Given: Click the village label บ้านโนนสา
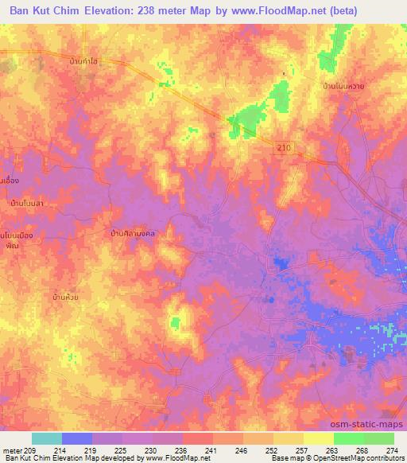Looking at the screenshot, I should pos(25,204).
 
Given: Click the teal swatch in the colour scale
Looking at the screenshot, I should pos(47,438).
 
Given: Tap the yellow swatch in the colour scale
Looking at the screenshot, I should pos(318,438).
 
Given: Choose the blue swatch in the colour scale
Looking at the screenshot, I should pos(77,438).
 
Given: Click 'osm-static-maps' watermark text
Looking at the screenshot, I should pos(373,426).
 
